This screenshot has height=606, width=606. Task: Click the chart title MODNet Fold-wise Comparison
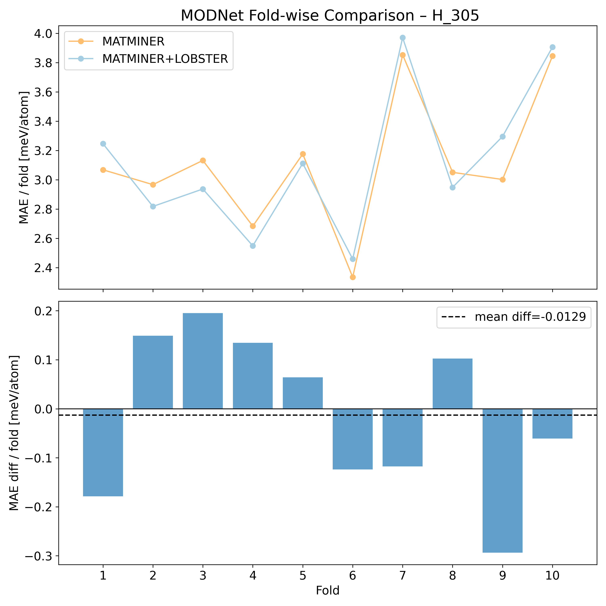pos(330,16)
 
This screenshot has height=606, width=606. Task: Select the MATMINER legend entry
pos(133,41)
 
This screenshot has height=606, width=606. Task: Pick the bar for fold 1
pos(103,452)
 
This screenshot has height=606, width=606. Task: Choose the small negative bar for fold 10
pos(552,423)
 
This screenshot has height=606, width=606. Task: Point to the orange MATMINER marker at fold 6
pos(352,277)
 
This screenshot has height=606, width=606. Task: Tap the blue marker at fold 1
pos(103,144)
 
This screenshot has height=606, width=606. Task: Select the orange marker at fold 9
pos(503,180)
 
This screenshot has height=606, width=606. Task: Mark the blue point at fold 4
pos(253,246)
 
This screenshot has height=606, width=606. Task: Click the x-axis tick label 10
pos(552,575)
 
